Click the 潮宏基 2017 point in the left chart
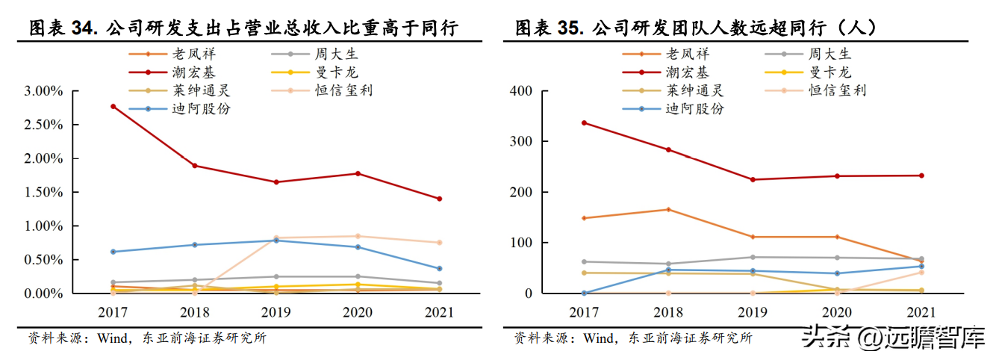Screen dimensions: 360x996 (113, 106)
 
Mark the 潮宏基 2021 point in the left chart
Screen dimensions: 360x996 (439, 199)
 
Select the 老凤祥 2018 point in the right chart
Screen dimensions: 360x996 (668, 209)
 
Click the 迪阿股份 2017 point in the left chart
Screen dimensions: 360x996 (113, 252)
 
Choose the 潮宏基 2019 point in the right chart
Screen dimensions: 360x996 (752, 179)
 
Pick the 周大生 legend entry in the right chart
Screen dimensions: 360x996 (829, 54)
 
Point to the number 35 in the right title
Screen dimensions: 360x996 (568, 29)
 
